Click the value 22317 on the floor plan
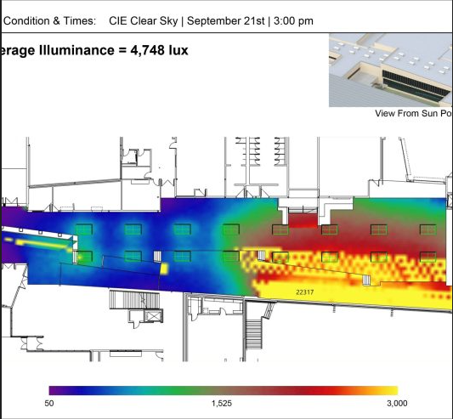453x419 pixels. pyautogui.click(x=305, y=292)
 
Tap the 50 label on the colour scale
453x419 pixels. pyautogui.click(x=49, y=404)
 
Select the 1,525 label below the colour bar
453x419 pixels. pyautogui.click(x=222, y=404)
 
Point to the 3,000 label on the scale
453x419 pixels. pyautogui.click(x=397, y=404)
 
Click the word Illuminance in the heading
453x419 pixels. pyautogui.click(x=77, y=50)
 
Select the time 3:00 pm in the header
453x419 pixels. pyautogui.click(x=293, y=21)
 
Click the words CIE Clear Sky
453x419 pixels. pyautogui.click(x=144, y=21)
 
